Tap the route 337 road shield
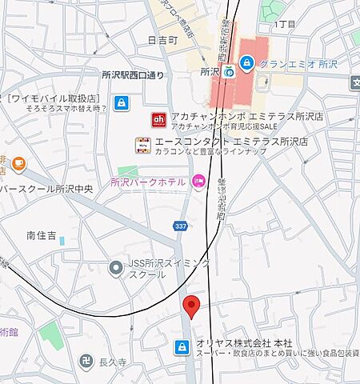point(182,227)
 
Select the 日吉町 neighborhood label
point(163,39)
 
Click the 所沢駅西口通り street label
point(133,74)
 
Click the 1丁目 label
point(284,25)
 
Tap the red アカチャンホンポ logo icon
point(158,120)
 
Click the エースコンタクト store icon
point(143,145)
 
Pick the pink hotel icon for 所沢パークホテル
point(198,182)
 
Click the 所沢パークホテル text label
point(148,182)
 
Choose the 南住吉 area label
point(41,235)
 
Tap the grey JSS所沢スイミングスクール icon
point(118,267)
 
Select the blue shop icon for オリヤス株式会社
point(182,346)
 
